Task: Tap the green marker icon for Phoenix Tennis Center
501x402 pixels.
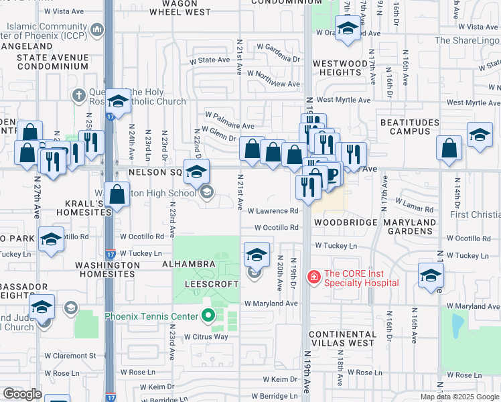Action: pyautogui.click(x=208, y=316)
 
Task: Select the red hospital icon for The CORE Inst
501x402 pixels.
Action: pyautogui.click(x=313, y=276)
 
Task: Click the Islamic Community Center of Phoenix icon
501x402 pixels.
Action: pyautogui.click(x=98, y=29)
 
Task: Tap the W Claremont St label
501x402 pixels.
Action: pyautogui.click(x=70, y=355)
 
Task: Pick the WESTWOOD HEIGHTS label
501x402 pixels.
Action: pyautogui.click(x=341, y=68)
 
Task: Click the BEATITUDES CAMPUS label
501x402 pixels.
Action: pyautogui.click(x=409, y=127)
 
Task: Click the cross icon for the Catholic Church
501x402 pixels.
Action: pyautogui.click(x=78, y=95)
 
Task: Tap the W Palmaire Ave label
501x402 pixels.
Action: pyautogui.click(x=230, y=125)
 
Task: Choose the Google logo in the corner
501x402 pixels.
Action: pyautogui.click(x=22, y=394)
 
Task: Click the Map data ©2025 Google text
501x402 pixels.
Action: pyautogui.click(x=459, y=397)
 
